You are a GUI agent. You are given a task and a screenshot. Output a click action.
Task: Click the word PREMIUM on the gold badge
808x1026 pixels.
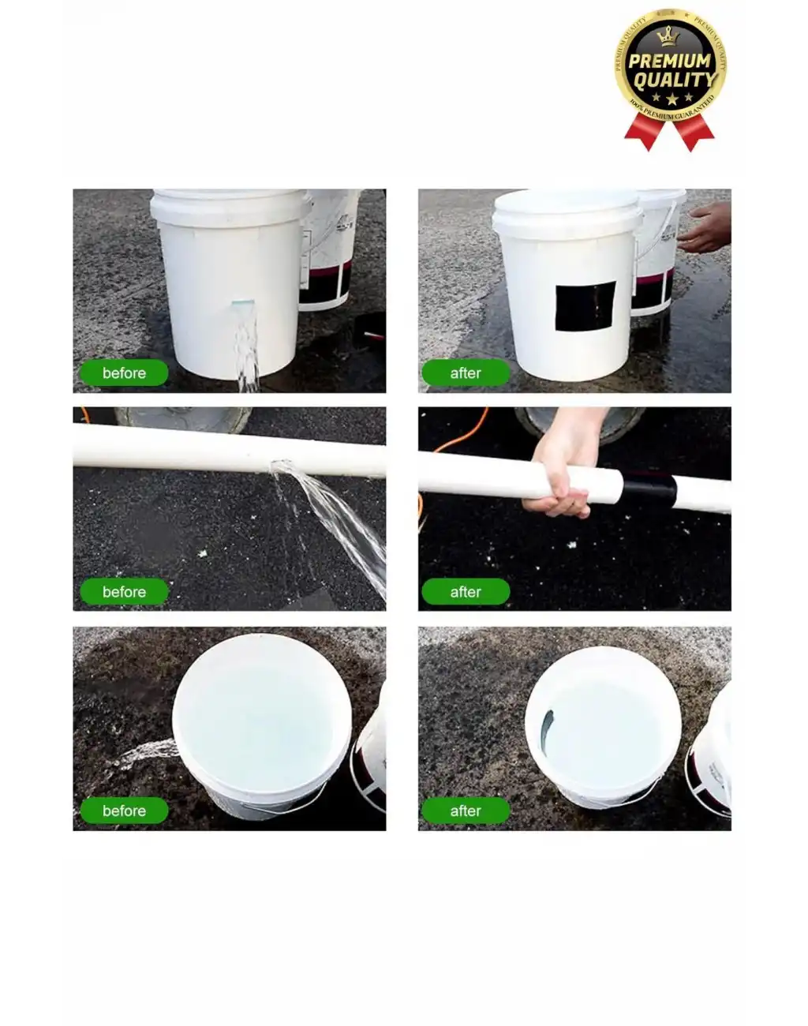coord(670,61)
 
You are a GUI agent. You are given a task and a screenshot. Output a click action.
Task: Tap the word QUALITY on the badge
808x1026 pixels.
coord(674,80)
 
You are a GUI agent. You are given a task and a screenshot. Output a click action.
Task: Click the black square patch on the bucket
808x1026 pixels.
coord(585,305)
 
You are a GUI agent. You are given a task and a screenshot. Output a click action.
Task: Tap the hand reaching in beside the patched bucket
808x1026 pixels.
coord(706,227)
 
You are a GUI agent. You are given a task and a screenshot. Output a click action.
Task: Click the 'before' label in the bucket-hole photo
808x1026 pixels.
coord(124,373)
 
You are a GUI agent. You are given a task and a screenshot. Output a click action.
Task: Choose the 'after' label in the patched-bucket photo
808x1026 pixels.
coord(466,373)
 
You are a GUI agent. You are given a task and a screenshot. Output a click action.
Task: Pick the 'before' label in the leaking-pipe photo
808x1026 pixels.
coord(124,592)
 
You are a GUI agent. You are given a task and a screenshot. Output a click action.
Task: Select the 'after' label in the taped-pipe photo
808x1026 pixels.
coord(466,592)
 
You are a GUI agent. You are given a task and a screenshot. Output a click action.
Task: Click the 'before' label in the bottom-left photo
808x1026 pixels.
coord(124,811)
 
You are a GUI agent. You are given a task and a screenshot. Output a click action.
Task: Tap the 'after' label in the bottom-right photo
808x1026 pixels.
coord(466,811)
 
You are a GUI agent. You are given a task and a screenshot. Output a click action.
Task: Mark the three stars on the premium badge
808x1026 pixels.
coord(671,99)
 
